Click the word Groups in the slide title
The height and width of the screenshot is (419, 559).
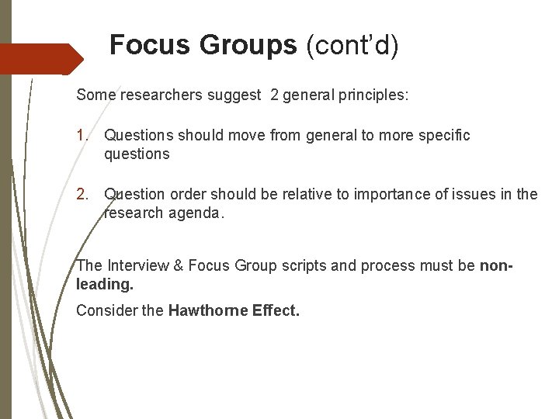[x=248, y=46]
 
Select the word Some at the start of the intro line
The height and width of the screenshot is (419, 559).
[x=94, y=95]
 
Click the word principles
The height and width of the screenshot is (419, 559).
[x=380, y=95]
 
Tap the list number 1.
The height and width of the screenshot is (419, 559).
[x=82, y=136]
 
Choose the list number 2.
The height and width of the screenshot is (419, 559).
[x=82, y=194]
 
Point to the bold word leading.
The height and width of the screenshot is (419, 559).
[x=105, y=285]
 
